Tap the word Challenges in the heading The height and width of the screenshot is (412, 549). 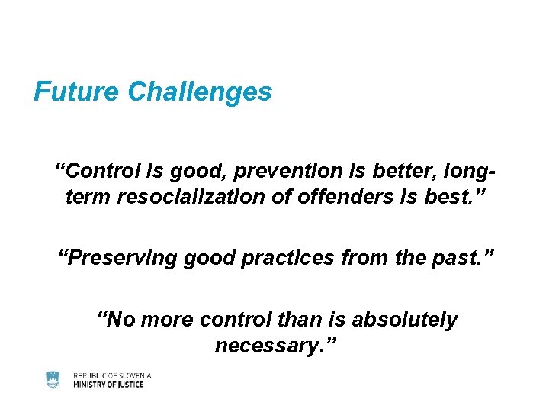click(200, 92)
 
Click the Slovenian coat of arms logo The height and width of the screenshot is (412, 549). click(53, 379)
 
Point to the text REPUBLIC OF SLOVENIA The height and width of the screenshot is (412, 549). click(112, 375)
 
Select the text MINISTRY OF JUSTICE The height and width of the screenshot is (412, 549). click(108, 385)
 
